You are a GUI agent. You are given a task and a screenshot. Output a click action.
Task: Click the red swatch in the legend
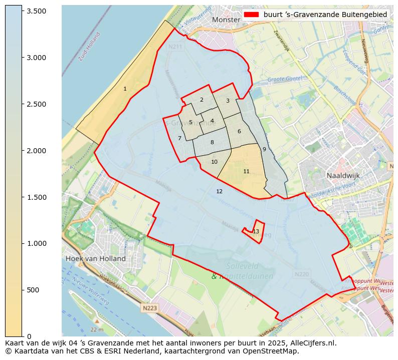click(251, 15)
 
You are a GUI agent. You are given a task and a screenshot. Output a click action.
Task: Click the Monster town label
click(226, 20)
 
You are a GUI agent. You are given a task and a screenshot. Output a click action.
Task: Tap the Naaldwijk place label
click(343, 176)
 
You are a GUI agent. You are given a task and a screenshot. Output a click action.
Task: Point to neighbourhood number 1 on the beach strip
click(125, 89)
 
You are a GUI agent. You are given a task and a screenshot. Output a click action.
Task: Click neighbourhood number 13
click(256, 231)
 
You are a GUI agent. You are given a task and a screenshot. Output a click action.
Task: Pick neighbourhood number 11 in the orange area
click(246, 171)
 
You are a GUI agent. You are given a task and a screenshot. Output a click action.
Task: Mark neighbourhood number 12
click(219, 191)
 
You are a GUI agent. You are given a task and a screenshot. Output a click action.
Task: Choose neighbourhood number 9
click(264, 149)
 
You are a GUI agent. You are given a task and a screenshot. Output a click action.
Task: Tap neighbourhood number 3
click(227, 101)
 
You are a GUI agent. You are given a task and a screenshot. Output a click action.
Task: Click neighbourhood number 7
click(179, 138)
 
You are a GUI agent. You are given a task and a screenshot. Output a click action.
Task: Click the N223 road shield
click(149, 308)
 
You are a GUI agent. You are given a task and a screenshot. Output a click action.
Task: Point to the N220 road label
click(301, 274)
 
